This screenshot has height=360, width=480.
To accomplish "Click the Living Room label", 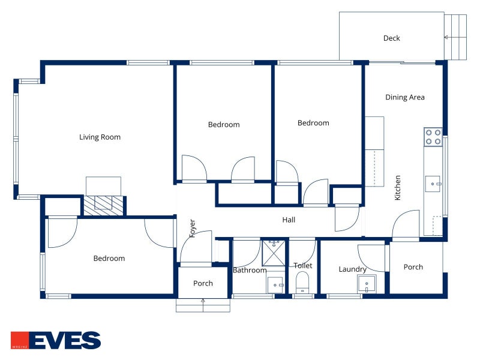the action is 100,137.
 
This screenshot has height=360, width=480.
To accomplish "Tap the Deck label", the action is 392,38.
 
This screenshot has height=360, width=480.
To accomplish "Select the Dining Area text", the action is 404,97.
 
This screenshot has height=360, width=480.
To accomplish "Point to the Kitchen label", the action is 397,188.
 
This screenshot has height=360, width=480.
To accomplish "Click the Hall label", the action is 289,220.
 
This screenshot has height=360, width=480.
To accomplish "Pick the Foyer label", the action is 192,228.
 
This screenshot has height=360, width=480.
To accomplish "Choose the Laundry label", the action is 352,269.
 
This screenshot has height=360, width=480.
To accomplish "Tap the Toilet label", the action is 303,266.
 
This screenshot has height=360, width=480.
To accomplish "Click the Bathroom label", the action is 250,271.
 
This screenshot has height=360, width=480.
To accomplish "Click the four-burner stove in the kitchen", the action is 433,137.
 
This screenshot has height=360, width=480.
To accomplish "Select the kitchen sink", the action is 433,184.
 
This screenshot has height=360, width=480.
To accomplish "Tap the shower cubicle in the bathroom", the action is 274,253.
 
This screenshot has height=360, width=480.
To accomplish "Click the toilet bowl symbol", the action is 302,282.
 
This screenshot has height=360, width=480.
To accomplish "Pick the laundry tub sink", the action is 367,284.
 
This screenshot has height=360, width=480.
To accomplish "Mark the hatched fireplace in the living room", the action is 103,205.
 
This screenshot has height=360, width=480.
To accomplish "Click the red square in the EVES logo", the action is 20,340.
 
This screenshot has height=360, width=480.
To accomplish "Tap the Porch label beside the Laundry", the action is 413,267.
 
